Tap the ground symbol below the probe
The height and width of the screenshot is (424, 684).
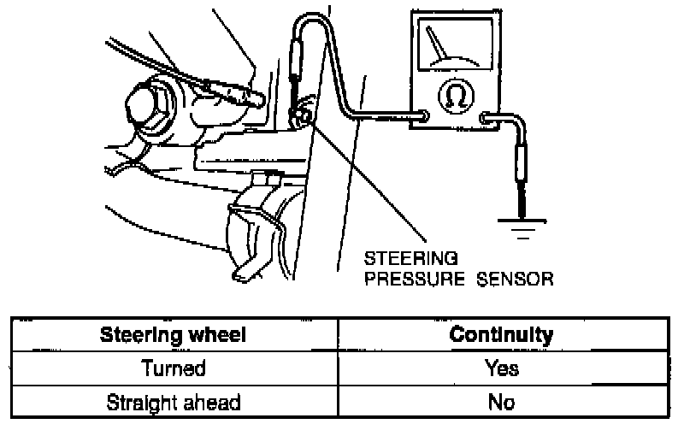point(521,226)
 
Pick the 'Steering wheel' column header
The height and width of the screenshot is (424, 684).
point(174,334)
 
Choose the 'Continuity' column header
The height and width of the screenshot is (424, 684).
point(500,334)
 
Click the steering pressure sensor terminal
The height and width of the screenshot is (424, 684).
point(298,112)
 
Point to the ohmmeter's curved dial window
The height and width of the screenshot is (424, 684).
point(453,48)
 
